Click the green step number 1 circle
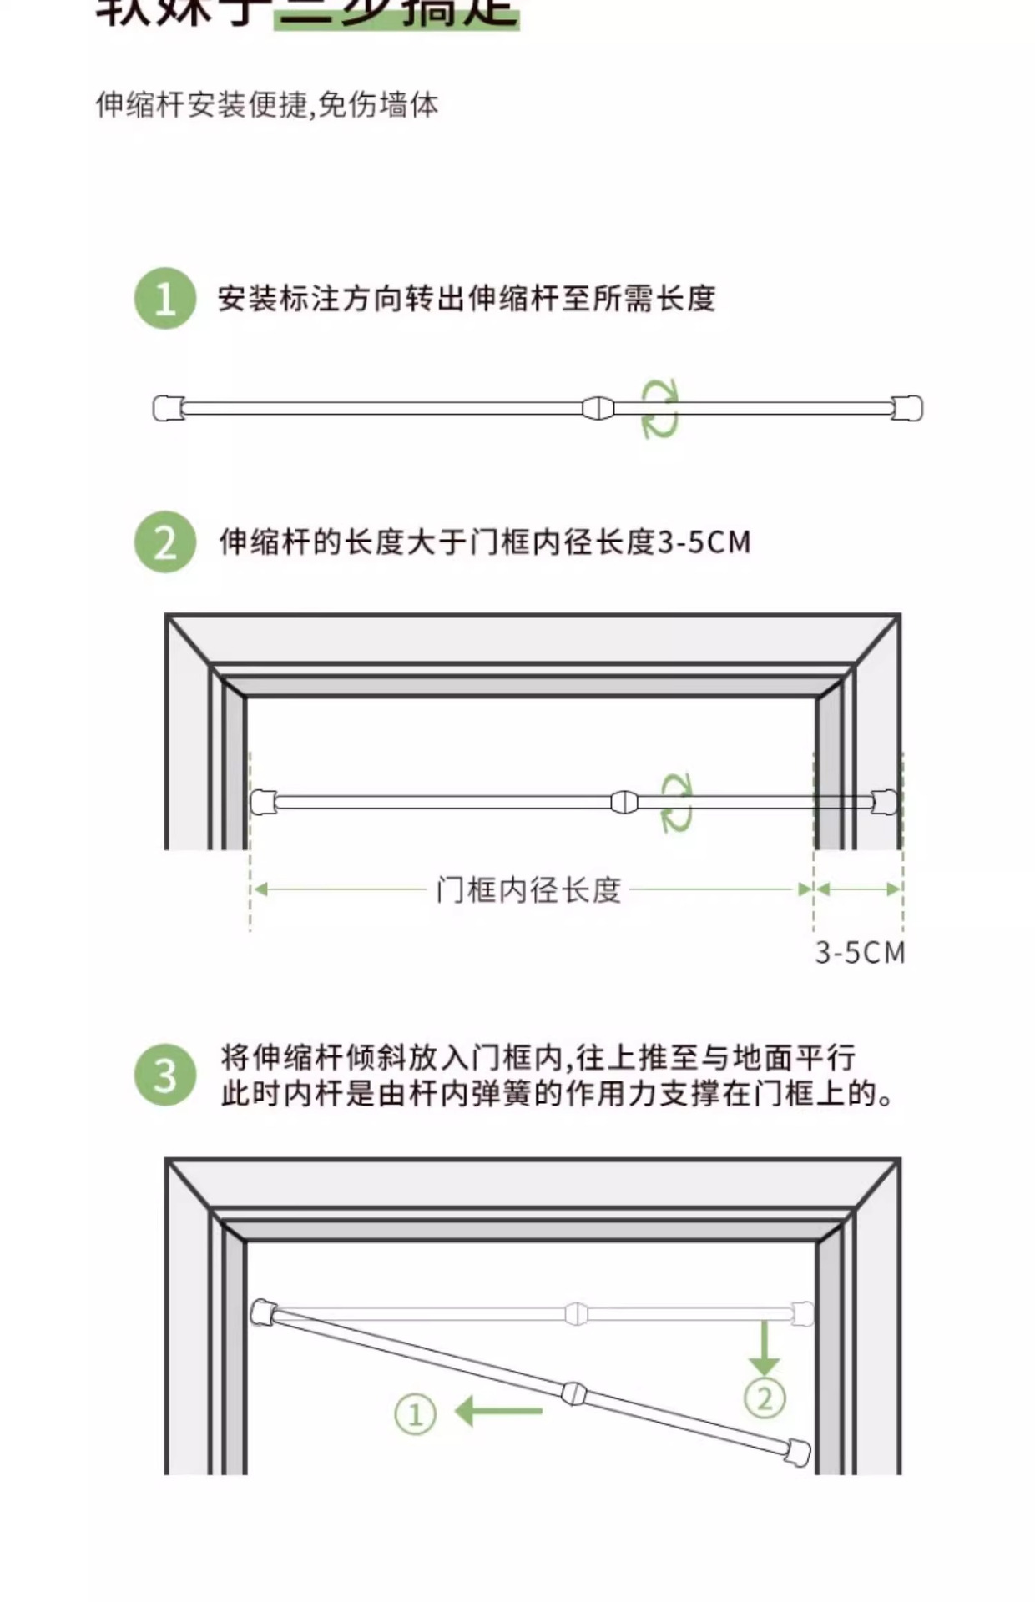pyautogui.click(x=165, y=299)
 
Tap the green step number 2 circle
pyautogui.click(x=165, y=542)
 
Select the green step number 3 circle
pyautogui.click(x=165, y=1075)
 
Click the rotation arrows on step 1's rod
pyautogui.click(x=659, y=409)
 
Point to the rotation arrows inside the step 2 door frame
pyautogui.click(x=677, y=803)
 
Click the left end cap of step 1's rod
pyautogui.click(x=169, y=409)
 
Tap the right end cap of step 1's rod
pyautogui.click(x=908, y=409)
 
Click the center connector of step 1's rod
pyautogui.click(x=598, y=409)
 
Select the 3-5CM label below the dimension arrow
pyautogui.click(x=860, y=953)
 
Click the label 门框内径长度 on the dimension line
pyautogui.click(x=528, y=890)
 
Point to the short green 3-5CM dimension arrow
pyautogui.click(x=858, y=889)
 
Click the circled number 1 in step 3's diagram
pyautogui.click(x=415, y=1414)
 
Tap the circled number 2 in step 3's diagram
pyautogui.click(x=765, y=1398)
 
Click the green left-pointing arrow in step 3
pyautogui.click(x=498, y=1412)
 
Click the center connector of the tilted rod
pyautogui.click(x=574, y=1393)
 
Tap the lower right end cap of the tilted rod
pyautogui.click(x=797, y=1451)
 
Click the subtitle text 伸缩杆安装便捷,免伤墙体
pyautogui.click(x=267, y=105)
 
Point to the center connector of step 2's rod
pyautogui.click(x=624, y=803)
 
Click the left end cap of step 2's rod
pyautogui.click(x=263, y=802)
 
